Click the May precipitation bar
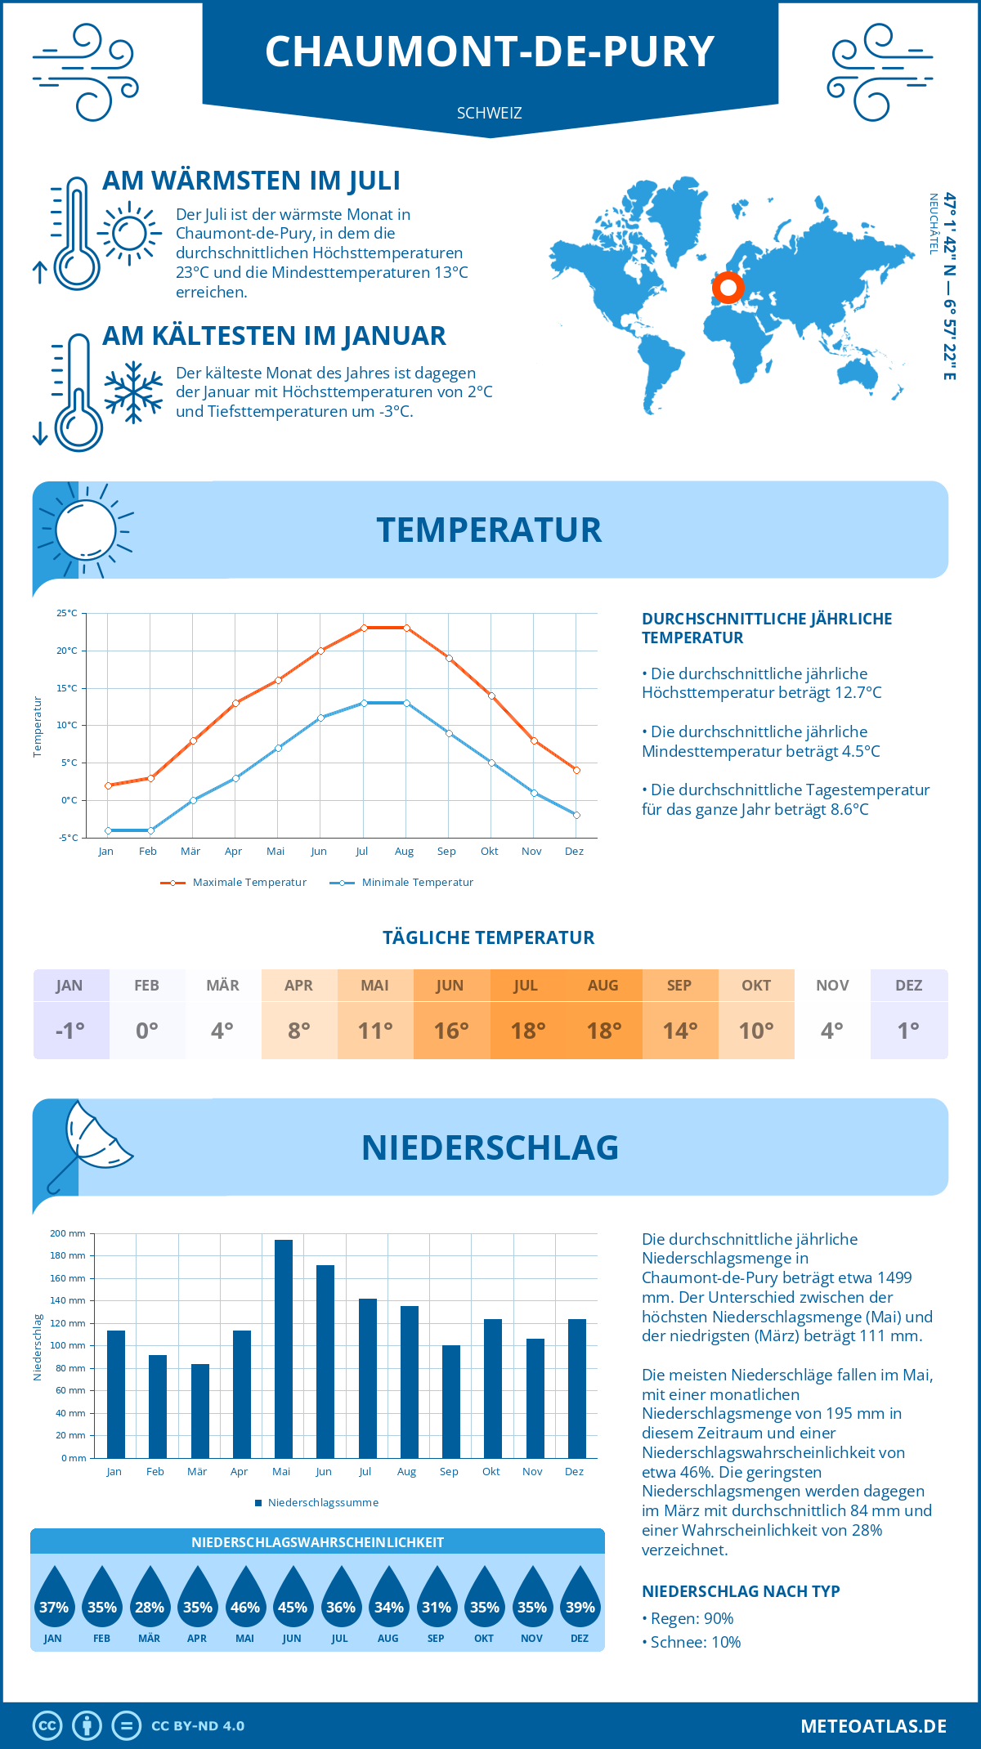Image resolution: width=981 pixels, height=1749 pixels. pos(283,1349)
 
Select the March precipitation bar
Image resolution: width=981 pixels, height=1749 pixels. pos(199,1411)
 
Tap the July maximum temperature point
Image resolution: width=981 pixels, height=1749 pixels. pos(364,628)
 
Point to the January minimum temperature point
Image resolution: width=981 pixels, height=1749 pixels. pos(108,830)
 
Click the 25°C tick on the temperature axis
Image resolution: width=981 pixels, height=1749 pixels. pos(67,613)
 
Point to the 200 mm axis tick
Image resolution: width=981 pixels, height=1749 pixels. pos(68,1233)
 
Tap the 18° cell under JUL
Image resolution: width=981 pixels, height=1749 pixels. pos(527,1031)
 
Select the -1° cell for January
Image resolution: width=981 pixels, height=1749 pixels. pos(70,1031)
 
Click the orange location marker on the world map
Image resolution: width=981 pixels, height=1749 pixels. pos(728,287)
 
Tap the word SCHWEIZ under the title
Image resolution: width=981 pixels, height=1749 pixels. pos(489,113)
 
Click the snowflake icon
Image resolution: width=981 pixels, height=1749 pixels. pos(133,392)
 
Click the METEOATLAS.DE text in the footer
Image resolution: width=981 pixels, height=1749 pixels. pos(873,1725)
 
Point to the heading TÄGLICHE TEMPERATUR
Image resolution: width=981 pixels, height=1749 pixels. pos(489,937)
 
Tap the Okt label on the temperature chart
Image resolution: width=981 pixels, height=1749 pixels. pos(489,851)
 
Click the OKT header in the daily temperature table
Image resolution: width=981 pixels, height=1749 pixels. pos(756,985)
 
